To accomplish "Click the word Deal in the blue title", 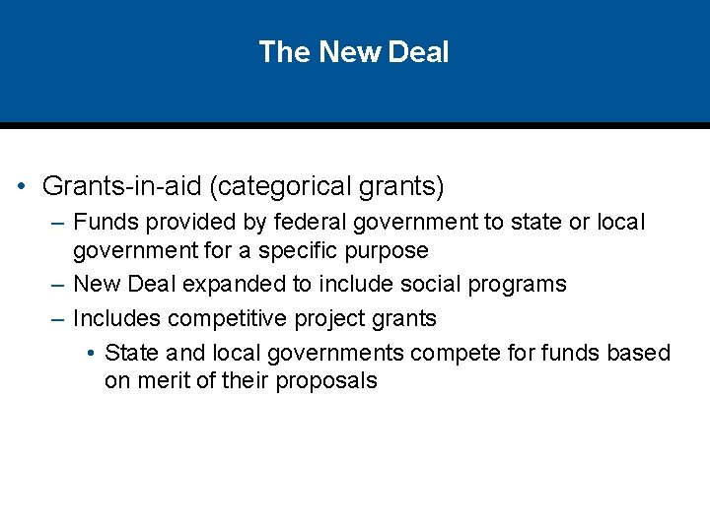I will (418, 51).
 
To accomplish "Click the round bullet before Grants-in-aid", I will (21, 185).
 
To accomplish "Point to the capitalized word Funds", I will (104, 223).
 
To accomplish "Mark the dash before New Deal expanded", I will (56, 286).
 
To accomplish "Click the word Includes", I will (116, 318).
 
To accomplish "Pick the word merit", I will (166, 381).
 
